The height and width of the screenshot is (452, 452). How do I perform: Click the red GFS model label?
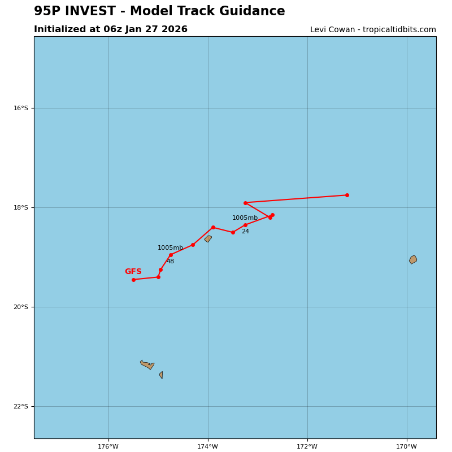point(133,272)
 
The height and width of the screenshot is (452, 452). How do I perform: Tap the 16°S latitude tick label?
point(21,108)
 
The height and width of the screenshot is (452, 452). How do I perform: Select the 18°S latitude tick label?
point(21,207)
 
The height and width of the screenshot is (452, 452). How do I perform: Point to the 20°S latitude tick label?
point(21,307)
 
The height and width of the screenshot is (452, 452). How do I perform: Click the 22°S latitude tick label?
point(21,406)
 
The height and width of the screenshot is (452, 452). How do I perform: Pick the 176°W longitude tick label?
point(108,446)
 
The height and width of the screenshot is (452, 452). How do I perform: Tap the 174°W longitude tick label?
point(208,446)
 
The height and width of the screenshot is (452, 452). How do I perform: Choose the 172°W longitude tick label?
point(307,446)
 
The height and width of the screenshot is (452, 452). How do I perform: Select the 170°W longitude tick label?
point(407,446)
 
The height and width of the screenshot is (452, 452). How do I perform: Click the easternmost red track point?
point(347,195)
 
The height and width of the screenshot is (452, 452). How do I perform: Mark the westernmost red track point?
point(133,280)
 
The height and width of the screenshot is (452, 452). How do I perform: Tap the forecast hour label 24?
point(245,232)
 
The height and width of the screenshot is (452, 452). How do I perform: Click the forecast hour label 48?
point(170,262)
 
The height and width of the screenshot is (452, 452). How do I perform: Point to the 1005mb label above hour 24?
point(245,218)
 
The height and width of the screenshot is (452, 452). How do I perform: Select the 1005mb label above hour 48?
point(170,248)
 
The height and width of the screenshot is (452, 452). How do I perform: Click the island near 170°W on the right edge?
point(413,259)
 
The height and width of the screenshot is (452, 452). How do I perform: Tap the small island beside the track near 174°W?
point(208,239)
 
